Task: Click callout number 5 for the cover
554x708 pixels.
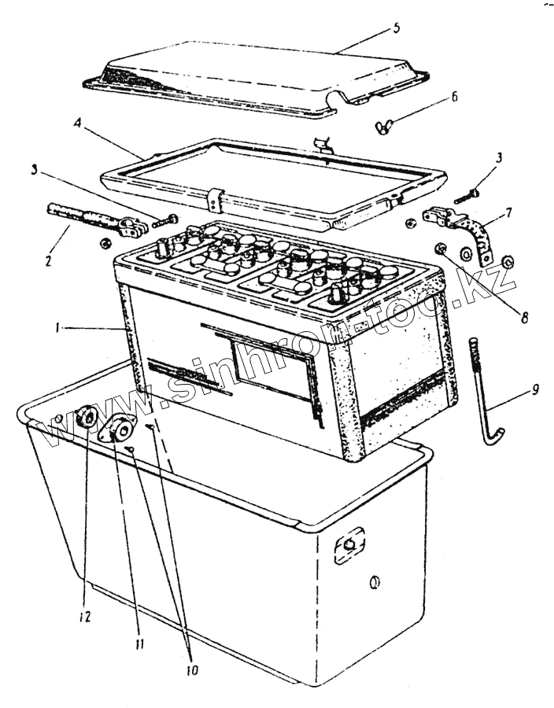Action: click(x=397, y=28)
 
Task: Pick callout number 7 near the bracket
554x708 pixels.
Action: click(x=509, y=213)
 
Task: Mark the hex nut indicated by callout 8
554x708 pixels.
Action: click(x=440, y=250)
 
